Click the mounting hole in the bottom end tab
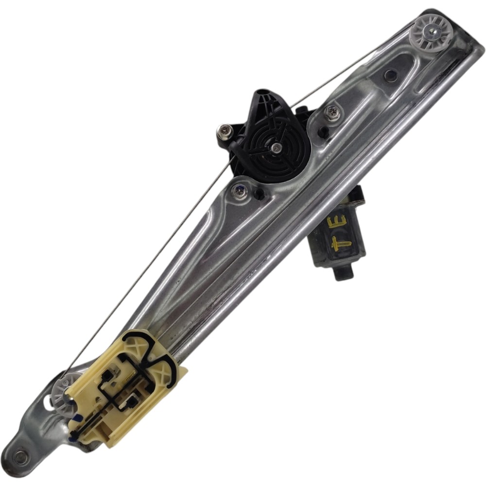tap(20, 456)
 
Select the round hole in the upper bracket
tap(389, 74)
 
